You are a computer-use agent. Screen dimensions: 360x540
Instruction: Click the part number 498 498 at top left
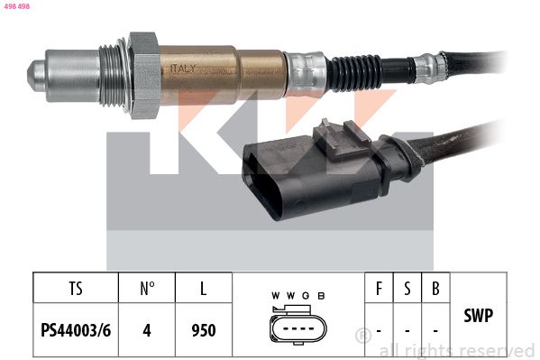(17, 5)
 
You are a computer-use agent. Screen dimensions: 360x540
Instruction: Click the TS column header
(76, 290)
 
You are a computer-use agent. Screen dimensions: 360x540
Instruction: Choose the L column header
(204, 290)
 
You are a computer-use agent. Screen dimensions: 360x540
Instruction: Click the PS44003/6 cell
(76, 330)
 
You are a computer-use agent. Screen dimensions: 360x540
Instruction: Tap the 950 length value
(204, 330)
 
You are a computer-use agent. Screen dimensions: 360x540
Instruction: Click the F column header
(379, 290)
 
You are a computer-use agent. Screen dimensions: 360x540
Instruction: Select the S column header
(407, 290)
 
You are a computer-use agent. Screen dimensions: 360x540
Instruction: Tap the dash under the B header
(435, 331)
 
